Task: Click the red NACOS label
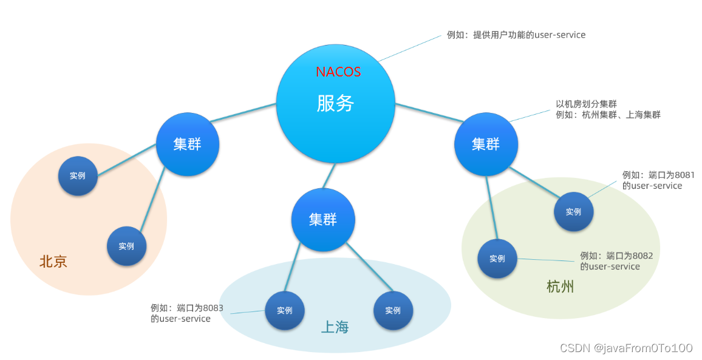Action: (338, 72)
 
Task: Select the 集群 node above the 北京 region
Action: (187, 144)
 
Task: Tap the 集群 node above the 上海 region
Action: (322, 219)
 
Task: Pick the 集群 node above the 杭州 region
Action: (486, 144)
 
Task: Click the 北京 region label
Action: (53, 262)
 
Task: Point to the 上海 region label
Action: (335, 328)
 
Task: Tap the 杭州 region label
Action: (560, 287)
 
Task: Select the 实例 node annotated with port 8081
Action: (573, 212)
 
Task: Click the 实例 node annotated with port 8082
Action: (497, 259)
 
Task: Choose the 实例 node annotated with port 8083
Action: (284, 310)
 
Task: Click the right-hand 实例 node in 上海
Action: (393, 310)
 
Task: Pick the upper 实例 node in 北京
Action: (77, 176)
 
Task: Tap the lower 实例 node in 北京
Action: (126, 246)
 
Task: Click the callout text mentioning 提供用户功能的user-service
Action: (516, 35)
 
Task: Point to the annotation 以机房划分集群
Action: (586, 104)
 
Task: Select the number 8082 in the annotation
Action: (642, 256)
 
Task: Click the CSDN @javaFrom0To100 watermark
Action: (626, 348)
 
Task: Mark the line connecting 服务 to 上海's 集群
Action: (328, 176)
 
